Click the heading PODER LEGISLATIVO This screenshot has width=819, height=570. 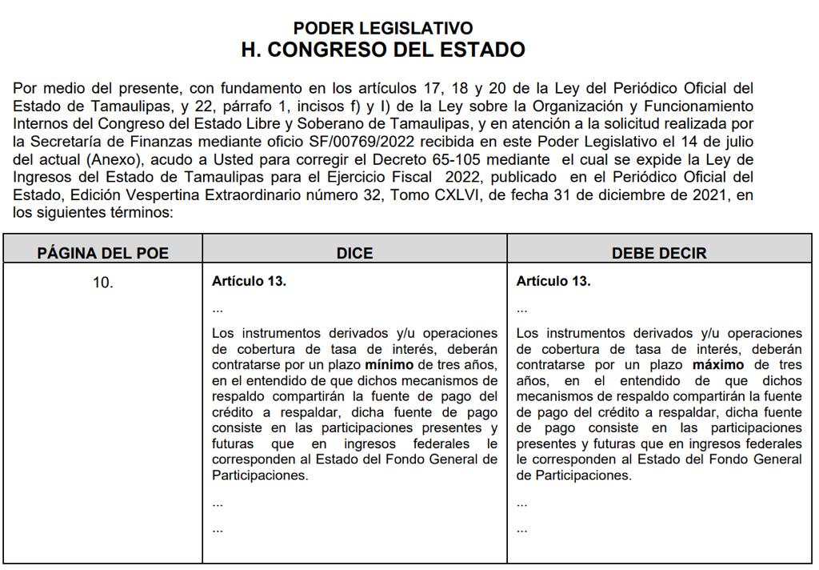(383, 29)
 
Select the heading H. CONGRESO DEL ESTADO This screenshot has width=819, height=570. (383, 50)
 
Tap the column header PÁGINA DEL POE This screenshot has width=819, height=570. (103, 253)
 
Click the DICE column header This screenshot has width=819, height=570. (355, 253)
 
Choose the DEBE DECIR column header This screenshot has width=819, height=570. (659, 253)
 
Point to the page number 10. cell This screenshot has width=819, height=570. (103, 283)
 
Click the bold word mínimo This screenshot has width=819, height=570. (389, 364)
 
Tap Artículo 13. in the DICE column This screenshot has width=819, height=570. (249, 282)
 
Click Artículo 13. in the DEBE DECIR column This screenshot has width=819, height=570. (553, 282)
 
